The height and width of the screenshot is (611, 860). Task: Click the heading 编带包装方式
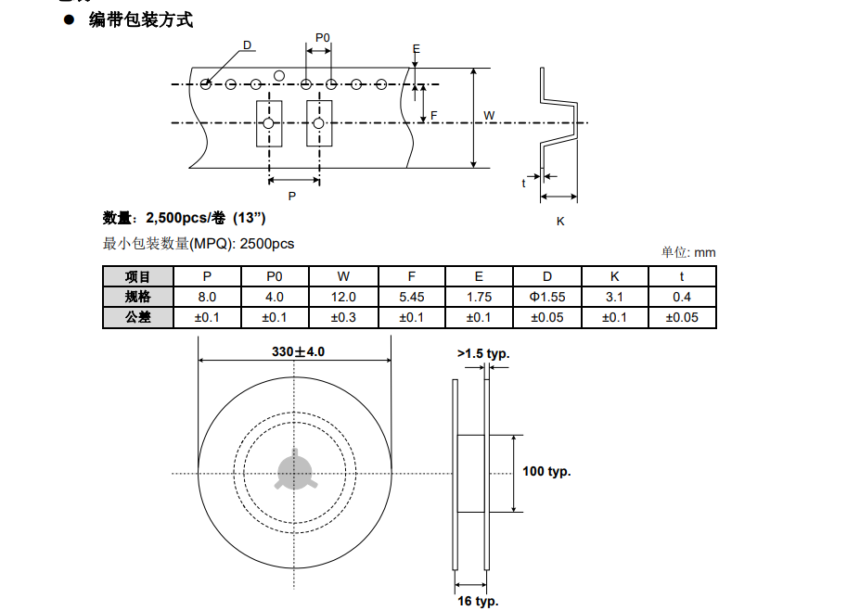pyautogui.click(x=141, y=19)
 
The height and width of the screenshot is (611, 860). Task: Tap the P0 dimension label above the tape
pyautogui.click(x=322, y=37)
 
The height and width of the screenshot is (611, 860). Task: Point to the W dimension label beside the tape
pyautogui.click(x=489, y=116)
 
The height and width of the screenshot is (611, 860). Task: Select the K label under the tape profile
pyautogui.click(x=560, y=222)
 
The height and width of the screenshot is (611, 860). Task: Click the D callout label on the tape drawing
pyautogui.click(x=248, y=45)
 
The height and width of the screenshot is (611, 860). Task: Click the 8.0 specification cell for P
pyautogui.click(x=207, y=297)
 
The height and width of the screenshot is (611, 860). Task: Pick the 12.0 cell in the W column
pyautogui.click(x=343, y=297)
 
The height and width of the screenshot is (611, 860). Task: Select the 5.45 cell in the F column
pyautogui.click(x=411, y=297)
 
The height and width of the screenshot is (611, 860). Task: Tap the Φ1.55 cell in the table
pyautogui.click(x=547, y=297)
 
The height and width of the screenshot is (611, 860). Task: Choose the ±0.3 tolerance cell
pyautogui.click(x=343, y=317)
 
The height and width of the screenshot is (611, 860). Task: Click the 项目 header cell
pyautogui.click(x=137, y=276)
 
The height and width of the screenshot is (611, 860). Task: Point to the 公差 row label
pyautogui.click(x=137, y=317)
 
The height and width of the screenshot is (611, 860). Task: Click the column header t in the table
pyautogui.click(x=682, y=276)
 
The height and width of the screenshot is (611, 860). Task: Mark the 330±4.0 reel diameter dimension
pyautogui.click(x=298, y=352)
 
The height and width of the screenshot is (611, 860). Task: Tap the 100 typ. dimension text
pyautogui.click(x=546, y=472)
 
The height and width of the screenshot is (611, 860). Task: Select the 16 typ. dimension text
pyautogui.click(x=478, y=601)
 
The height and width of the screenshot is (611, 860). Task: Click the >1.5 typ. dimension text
pyautogui.click(x=483, y=353)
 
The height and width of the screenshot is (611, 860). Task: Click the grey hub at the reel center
pyautogui.click(x=296, y=473)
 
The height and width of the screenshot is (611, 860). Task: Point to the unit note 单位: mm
pyautogui.click(x=688, y=252)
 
